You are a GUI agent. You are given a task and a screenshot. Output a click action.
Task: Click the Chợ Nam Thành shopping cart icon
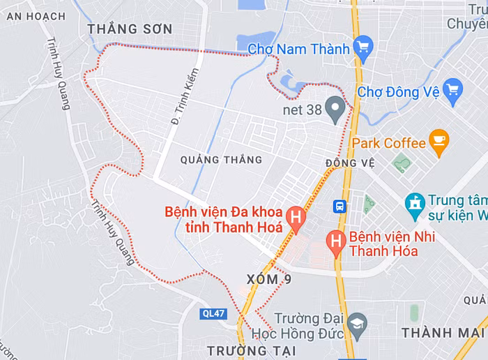coord(363,48)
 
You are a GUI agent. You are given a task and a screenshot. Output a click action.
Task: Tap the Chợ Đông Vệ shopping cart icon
coord(453,91)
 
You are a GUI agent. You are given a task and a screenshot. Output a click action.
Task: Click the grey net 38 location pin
coord(336,109)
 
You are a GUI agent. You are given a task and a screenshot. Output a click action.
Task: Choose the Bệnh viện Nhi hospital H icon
coord(336,243)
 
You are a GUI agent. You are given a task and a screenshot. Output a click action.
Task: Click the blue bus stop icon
coord(340,206)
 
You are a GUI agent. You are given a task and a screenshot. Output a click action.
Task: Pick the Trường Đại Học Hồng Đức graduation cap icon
coord(357,323)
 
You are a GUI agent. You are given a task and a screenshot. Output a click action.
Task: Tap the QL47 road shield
coord(213,314)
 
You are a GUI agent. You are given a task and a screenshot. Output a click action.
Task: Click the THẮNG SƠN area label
coord(130,29)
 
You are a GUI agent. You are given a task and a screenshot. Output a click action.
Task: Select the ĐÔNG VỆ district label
coord(350,163)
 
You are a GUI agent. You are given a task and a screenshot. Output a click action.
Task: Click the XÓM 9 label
coord(268,279)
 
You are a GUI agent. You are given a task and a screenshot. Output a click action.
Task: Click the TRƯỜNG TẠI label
coord(251,350)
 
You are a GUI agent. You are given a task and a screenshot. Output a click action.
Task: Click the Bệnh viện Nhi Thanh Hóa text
coord(392,243)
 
